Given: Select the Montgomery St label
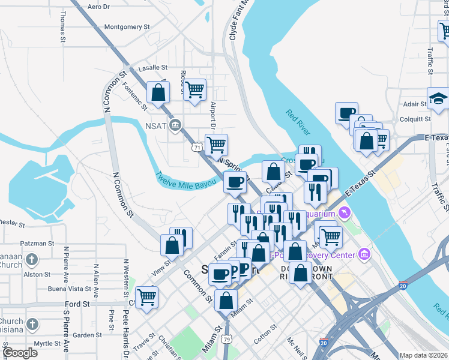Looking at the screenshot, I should click(127, 26).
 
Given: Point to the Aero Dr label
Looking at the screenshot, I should click(99, 7).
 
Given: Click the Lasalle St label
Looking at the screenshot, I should click(152, 68).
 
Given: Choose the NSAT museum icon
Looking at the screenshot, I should click(175, 125).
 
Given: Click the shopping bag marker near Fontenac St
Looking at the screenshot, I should click(158, 92).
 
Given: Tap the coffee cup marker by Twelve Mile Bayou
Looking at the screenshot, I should click(235, 181).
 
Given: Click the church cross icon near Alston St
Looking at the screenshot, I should click(32, 260).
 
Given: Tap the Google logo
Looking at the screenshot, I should click(20, 353).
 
